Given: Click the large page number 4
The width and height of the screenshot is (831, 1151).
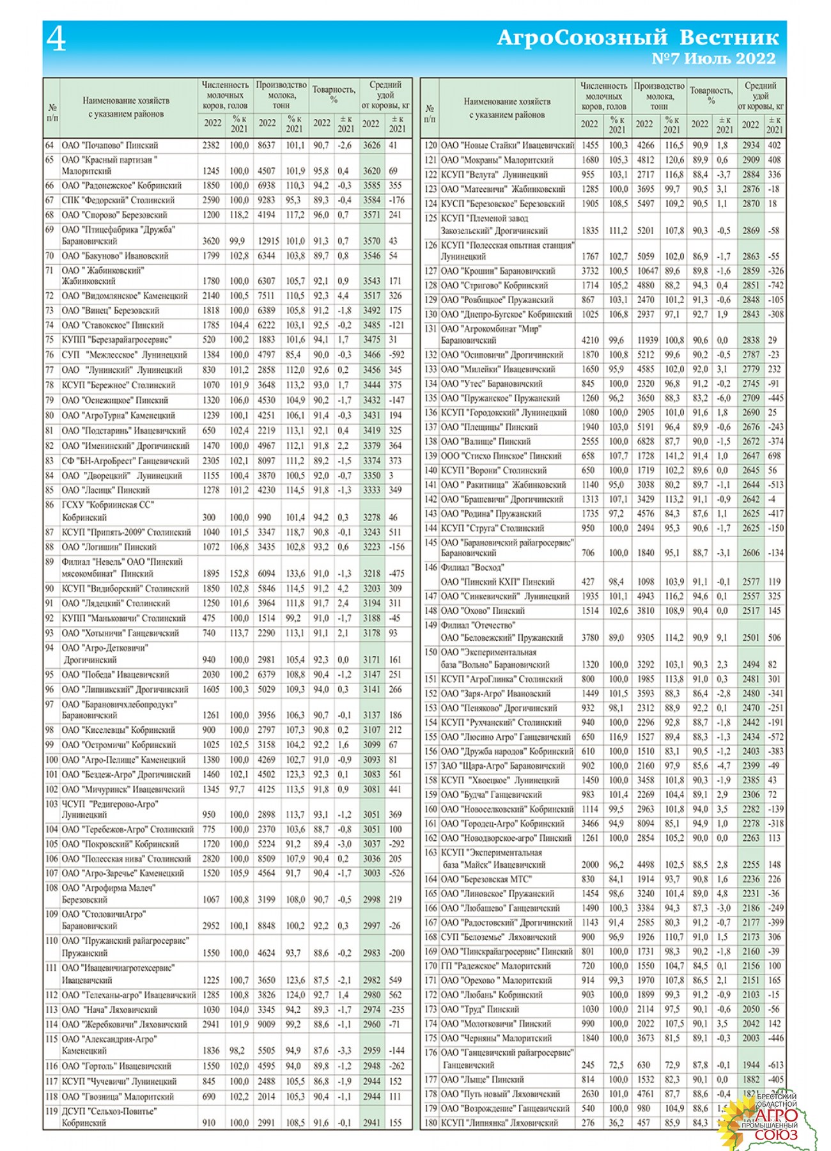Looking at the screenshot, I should [56, 40].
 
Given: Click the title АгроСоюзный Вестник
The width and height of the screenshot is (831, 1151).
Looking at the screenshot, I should [637, 37].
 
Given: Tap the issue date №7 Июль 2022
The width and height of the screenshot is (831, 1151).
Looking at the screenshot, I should [713, 59].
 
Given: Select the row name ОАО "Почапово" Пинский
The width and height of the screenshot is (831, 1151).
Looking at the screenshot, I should [109, 146].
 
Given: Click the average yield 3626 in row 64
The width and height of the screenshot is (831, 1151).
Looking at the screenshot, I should [371, 146].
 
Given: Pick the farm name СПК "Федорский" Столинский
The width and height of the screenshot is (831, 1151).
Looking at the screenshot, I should [118, 200].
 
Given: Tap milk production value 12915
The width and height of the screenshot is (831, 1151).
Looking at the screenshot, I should [268, 241].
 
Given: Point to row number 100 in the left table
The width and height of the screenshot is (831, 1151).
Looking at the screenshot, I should [51, 760].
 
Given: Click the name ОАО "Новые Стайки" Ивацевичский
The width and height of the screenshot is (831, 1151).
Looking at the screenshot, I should [508, 146].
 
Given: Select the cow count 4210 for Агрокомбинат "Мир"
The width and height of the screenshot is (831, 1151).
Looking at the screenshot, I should [589, 340].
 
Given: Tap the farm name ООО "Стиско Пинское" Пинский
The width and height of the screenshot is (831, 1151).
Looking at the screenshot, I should [501, 456].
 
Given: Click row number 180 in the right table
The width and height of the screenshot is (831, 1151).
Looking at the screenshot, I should [430, 1123].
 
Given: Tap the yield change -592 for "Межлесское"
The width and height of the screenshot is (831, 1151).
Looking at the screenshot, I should [397, 355].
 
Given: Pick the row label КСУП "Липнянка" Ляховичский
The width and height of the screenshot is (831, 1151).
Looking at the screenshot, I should [499, 1123].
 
